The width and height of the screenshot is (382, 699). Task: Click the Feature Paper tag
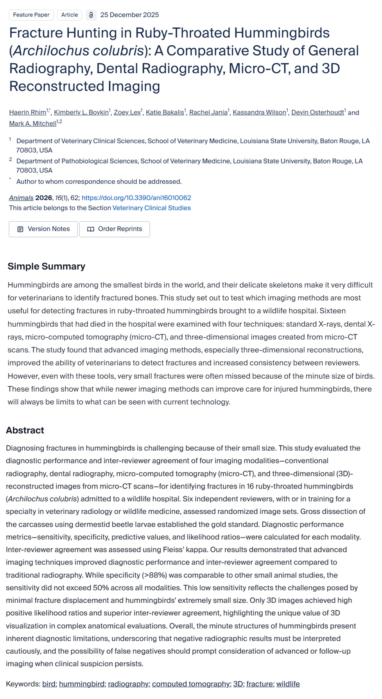[31, 15]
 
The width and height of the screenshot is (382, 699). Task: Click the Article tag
[70, 15]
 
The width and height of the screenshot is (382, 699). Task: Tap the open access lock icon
[91, 15]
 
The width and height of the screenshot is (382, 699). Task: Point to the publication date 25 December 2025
[129, 15]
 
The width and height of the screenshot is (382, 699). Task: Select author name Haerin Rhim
[27, 113]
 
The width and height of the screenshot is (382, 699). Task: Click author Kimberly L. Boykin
[81, 113]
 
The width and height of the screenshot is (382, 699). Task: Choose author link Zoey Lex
[127, 113]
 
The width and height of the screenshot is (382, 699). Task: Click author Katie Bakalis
[164, 113]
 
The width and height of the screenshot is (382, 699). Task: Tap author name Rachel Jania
[208, 113]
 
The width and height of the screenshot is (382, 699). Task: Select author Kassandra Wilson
[259, 113]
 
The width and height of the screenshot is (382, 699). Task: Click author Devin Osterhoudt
[317, 113]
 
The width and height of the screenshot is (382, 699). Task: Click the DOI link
[136, 198]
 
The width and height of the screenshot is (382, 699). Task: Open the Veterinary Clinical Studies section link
[151, 208]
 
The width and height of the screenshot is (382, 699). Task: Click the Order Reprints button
[115, 229]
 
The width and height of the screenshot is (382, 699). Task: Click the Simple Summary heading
[46, 266]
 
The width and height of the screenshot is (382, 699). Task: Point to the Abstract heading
[25, 430]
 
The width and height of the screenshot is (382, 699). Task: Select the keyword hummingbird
[81, 684]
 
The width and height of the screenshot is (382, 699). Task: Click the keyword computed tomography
[190, 684]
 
